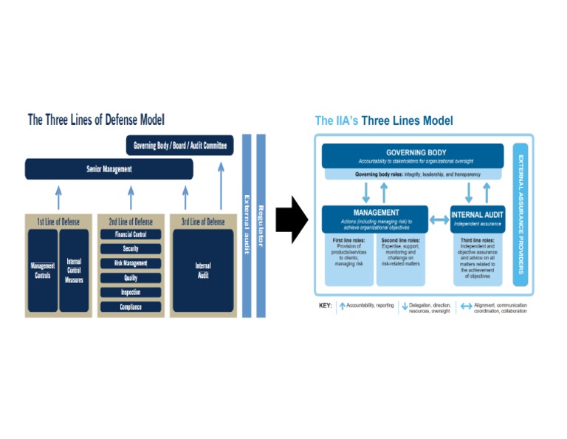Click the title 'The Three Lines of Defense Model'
pos(96,120)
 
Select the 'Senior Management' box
pos(109,169)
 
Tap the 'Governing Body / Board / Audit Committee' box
pos(180,146)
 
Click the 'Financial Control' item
pos(131,235)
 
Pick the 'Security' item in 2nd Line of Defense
pos(131,249)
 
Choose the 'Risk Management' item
pos(131,263)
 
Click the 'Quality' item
pos(131,278)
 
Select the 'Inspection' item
pos(131,292)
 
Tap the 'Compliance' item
pos(131,307)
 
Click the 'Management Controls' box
pos(42,270)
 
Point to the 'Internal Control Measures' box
pos(74,270)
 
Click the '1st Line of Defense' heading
pos(58,222)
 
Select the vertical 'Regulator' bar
pos(261,225)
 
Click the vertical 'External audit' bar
pos(247,225)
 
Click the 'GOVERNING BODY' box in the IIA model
pos(413,156)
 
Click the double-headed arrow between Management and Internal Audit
pos(439,219)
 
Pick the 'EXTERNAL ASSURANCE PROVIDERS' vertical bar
pos(520,214)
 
